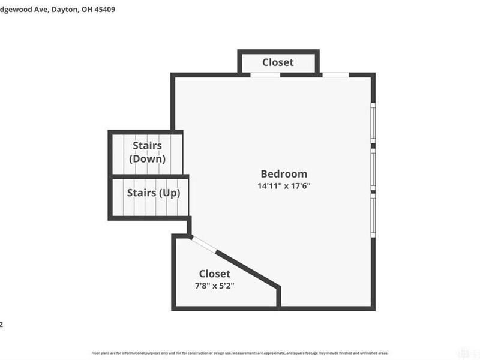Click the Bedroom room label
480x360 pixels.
[x=284, y=174]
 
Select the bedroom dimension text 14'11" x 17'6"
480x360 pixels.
[x=284, y=186]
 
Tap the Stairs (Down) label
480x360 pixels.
[x=148, y=152]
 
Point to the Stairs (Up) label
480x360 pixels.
[x=154, y=193]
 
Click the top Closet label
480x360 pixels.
[x=278, y=62]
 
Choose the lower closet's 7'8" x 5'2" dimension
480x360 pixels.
[x=214, y=286]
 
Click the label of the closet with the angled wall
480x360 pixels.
[x=214, y=274]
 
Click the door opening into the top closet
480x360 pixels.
[x=265, y=74]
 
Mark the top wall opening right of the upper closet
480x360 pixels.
[x=335, y=74]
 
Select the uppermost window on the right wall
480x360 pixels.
[x=373, y=123]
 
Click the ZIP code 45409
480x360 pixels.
[x=110, y=10]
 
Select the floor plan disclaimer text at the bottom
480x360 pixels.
[x=240, y=353]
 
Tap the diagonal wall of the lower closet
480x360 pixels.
[x=246, y=269]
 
